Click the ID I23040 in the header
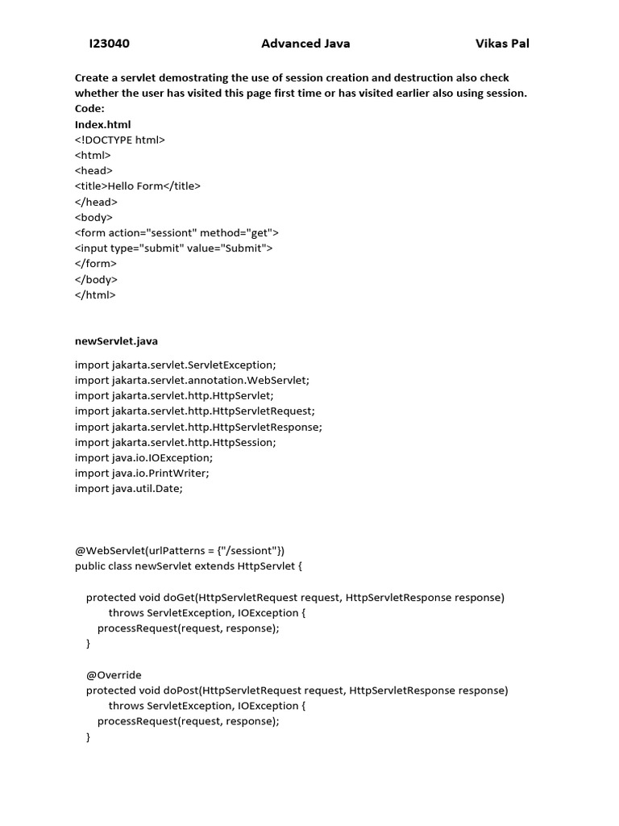pos(109,44)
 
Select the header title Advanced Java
pos(305,44)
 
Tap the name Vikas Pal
pos(502,44)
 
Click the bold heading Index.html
pos(102,124)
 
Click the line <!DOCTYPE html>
pos(119,140)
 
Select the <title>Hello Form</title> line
pos(137,186)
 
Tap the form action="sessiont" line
pos(177,233)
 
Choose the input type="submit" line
pos(173,248)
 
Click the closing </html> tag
pos(95,295)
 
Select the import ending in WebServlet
pos(192,380)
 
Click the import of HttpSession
pos(175,442)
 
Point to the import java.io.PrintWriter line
pos(142,473)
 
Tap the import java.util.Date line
pos(129,488)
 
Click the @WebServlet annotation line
pos(179,550)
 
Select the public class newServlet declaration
pos(189,565)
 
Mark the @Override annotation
pos(114,674)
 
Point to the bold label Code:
pos(89,109)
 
